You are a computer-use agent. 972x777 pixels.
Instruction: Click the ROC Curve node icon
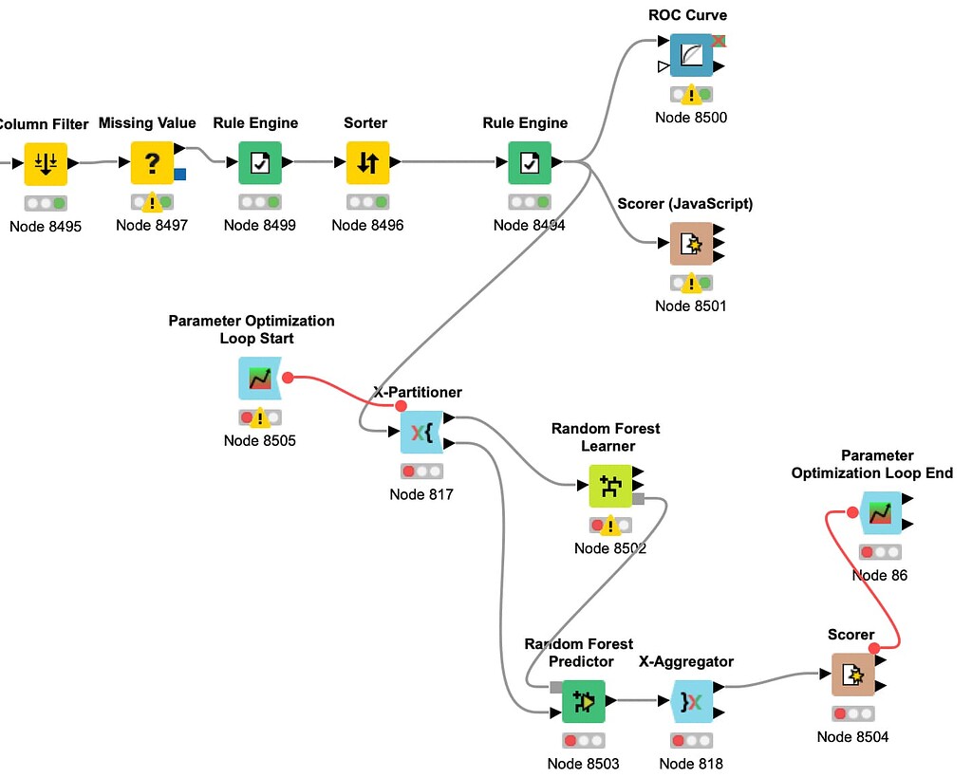pos(692,55)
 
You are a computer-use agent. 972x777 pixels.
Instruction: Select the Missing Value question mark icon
pos(152,163)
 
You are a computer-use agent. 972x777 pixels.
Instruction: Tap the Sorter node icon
pos(367,163)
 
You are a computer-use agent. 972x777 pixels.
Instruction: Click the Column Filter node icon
pos(46,163)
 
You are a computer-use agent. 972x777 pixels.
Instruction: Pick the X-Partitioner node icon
pos(421,433)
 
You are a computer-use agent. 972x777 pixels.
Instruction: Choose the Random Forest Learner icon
pos(609,486)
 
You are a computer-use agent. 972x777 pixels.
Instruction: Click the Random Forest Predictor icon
pos(583,701)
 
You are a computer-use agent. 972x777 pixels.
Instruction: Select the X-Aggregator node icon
pos(691,701)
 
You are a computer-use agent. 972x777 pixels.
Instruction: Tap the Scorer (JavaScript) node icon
pos(692,244)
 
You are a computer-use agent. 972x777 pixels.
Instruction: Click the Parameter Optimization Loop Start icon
pos(260,379)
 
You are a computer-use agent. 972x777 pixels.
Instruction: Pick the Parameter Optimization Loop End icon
pos(880,513)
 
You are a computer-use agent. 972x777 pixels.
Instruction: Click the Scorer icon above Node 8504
pos(852,675)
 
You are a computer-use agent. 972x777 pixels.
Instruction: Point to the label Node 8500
pos(691,118)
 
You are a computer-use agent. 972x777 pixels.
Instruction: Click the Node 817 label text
pos(421,494)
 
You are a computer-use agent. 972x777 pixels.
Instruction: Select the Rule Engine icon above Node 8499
pos(259,163)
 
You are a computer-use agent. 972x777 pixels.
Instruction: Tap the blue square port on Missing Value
pos(180,175)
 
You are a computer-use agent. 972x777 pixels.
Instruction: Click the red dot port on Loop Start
pos(288,378)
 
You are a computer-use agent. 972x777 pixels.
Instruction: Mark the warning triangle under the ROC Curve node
pos(691,94)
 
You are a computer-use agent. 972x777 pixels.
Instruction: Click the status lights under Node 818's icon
pos(691,740)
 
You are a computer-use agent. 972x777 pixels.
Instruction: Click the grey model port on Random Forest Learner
pos(638,499)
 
